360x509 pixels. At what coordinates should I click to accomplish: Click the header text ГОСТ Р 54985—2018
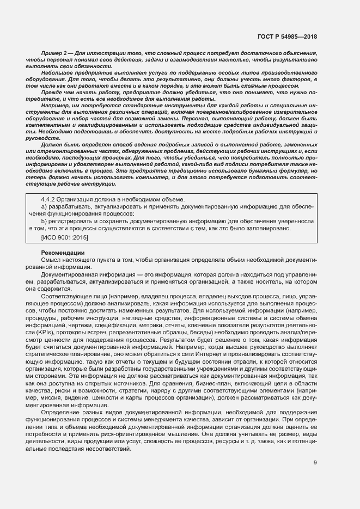click(287, 36)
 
